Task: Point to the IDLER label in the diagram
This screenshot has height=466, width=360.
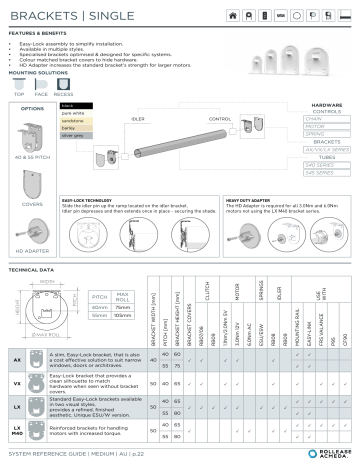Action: (165, 117)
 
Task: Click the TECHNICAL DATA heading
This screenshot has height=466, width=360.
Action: (31, 270)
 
